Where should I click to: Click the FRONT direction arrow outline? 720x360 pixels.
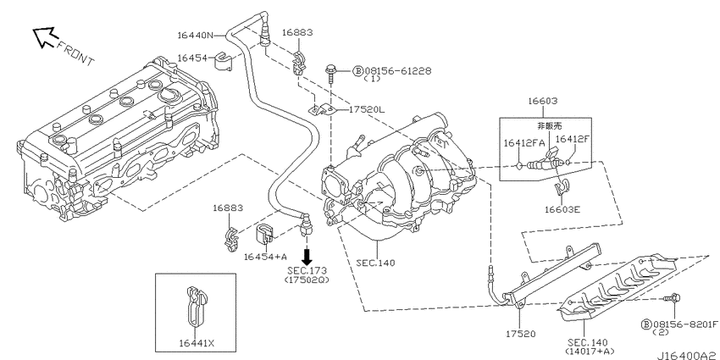coord(45,36)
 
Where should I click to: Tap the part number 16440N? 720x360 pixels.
coord(195,35)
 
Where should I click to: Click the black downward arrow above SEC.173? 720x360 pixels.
coord(307,256)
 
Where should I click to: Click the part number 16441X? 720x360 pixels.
coord(196,342)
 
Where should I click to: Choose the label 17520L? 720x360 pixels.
coord(367,110)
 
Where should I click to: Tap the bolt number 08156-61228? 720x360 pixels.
coord(398,71)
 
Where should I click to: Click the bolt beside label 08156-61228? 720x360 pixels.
coord(330,73)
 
